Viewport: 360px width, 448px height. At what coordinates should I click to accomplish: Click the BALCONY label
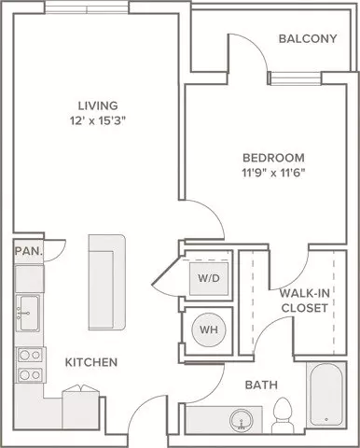click(308, 38)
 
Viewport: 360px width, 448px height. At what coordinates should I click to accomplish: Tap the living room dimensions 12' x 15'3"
click(98, 120)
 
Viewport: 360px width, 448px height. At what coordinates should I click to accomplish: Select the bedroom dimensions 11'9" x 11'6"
click(273, 173)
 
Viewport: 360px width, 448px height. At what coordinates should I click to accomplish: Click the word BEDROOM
click(273, 158)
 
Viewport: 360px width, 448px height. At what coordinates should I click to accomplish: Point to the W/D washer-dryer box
click(209, 278)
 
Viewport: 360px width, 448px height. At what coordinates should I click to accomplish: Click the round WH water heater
click(209, 329)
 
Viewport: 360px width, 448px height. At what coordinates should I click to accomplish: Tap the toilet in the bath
click(283, 415)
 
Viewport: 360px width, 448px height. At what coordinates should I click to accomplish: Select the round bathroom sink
click(242, 420)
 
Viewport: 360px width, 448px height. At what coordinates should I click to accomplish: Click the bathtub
click(326, 395)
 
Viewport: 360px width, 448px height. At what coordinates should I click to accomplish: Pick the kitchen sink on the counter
click(28, 314)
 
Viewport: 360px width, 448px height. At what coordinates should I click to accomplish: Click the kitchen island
click(107, 283)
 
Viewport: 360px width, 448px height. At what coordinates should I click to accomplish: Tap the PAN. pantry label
click(28, 251)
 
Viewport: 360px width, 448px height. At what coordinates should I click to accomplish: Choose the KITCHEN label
click(91, 362)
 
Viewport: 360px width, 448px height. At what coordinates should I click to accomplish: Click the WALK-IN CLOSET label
click(305, 301)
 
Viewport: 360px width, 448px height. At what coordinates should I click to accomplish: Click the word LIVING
click(98, 105)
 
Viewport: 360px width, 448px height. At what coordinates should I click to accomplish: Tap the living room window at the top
click(87, 7)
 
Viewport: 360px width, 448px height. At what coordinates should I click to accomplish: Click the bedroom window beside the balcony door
click(296, 78)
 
